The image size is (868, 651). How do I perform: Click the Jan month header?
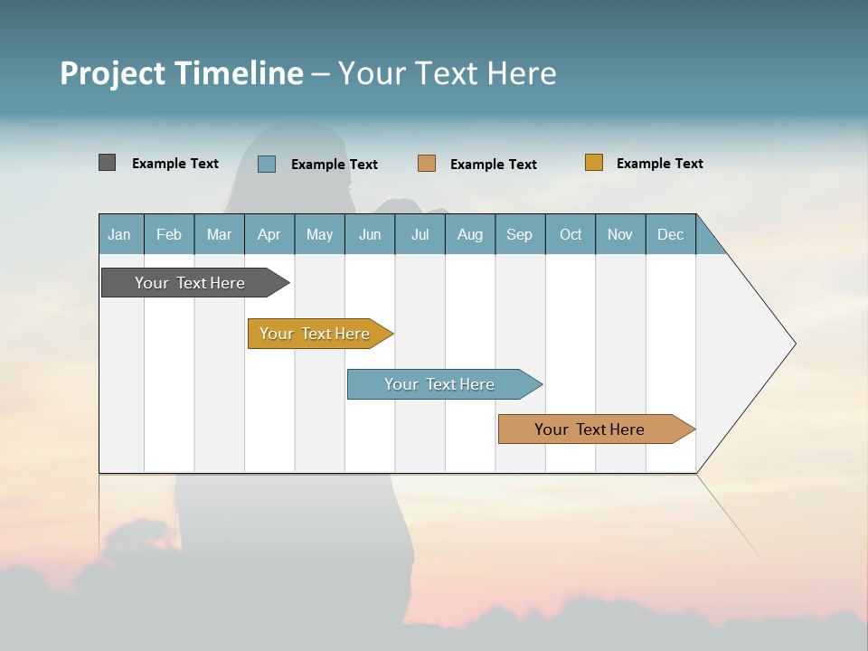point(119,234)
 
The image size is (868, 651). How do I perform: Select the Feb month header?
point(169,234)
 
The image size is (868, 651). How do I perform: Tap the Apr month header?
point(269,234)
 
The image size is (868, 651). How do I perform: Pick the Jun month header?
point(370,234)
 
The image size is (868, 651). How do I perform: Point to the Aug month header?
point(469,234)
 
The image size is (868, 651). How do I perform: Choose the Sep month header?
point(519,234)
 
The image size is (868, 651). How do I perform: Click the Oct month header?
point(571,234)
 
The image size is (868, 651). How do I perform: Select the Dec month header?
point(670,234)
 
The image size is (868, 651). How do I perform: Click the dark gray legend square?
point(107,163)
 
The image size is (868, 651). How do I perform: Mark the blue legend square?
point(267,164)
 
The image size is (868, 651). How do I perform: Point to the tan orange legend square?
point(427,164)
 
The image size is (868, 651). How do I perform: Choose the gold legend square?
point(594,163)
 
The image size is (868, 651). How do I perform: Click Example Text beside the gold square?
point(659,164)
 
